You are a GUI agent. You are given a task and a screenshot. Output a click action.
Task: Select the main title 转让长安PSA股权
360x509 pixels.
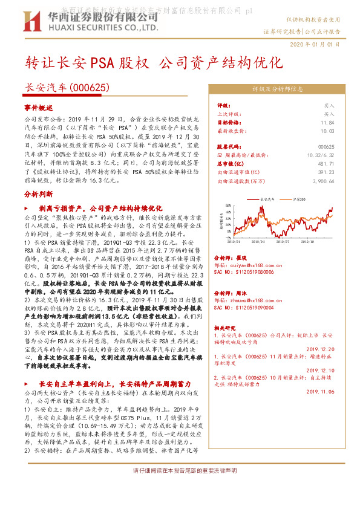(x=87, y=63)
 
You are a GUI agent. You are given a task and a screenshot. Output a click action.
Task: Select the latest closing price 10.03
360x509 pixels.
(x=328, y=130)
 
